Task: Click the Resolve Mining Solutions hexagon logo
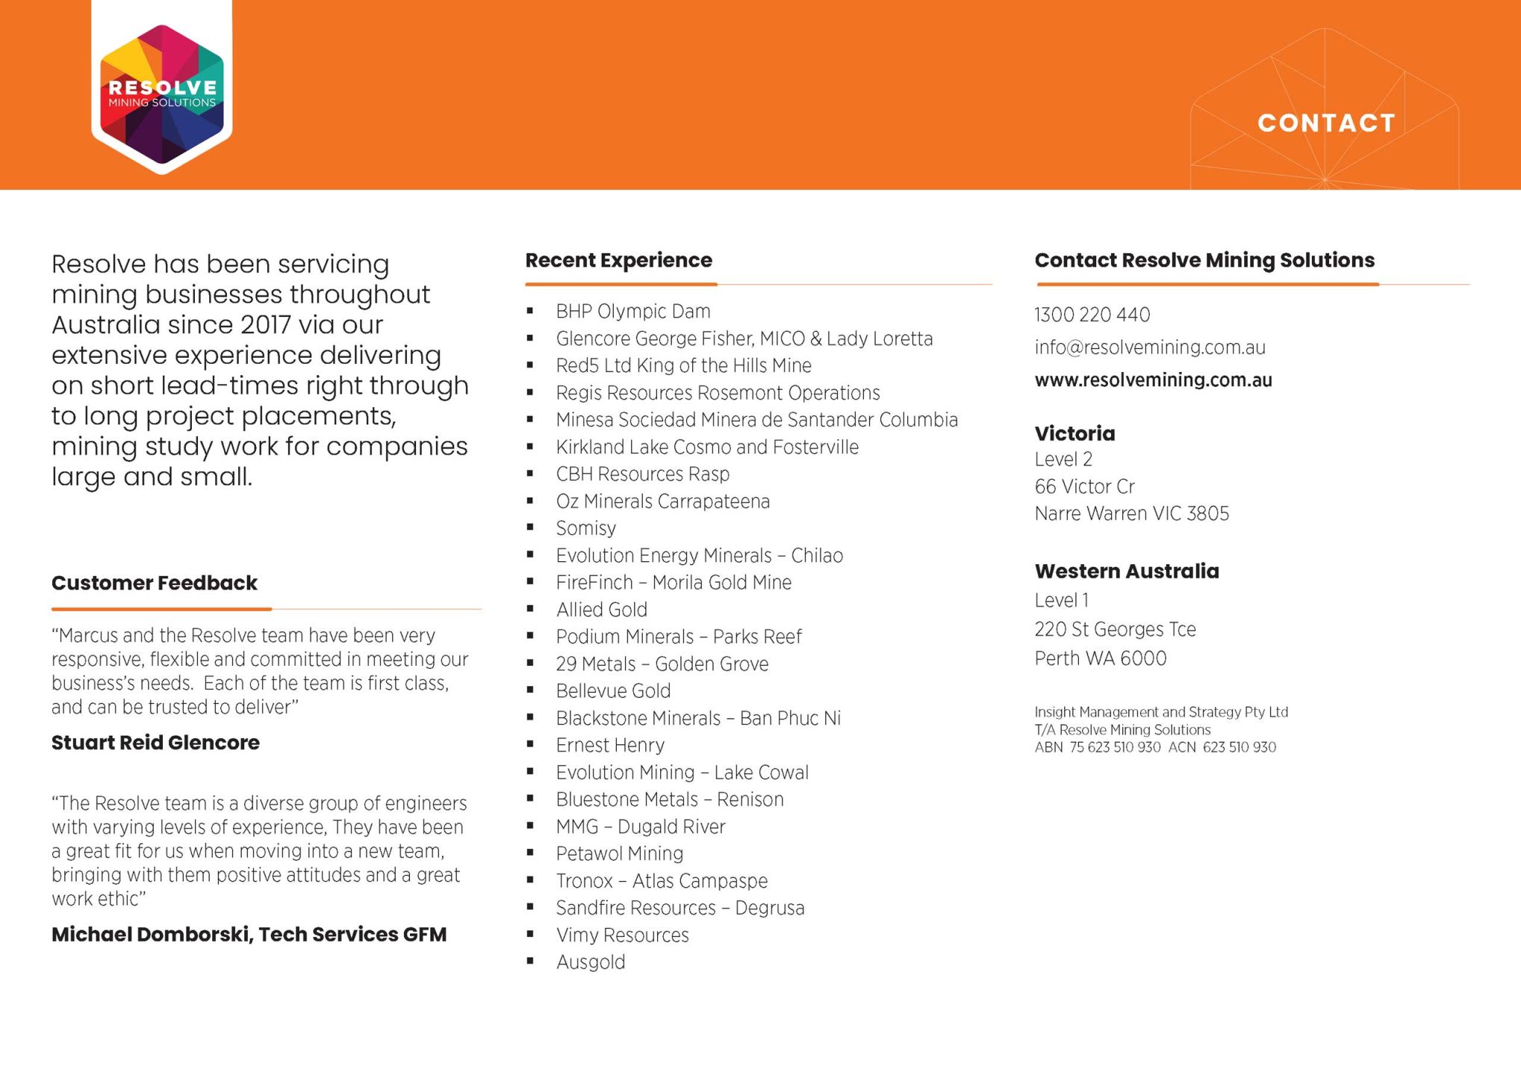[x=162, y=93]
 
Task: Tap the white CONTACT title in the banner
[x=1326, y=123]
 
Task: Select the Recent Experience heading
[x=618, y=260]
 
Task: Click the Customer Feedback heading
[x=155, y=583]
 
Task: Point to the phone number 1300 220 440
[x=1092, y=315]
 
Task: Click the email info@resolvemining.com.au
[x=1149, y=347]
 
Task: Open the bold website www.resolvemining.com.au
[x=1153, y=380]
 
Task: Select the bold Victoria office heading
[x=1074, y=433]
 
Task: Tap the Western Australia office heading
[x=1126, y=571]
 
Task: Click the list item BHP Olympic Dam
[x=632, y=311]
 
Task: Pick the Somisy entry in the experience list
[x=585, y=528]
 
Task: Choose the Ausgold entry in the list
[x=590, y=962]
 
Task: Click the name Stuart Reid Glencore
[x=155, y=743]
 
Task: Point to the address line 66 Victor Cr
[x=1084, y=486]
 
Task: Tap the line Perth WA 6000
[x=1100, y=658]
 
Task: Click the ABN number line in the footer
[x=1154, y=747]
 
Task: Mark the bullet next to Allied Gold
[x=530, y=609]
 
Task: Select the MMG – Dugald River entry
[x=640, y=826]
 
